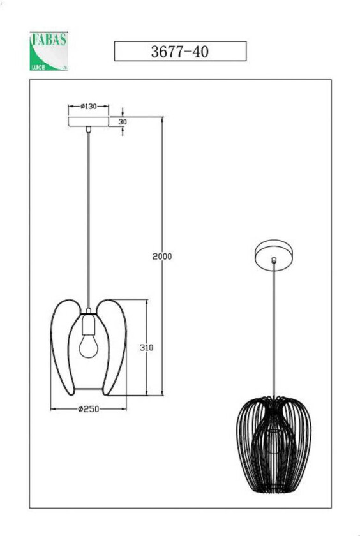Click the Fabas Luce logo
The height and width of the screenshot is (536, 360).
pyautogui.click(x=49, y=50)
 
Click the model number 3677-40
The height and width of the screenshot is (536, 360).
pyautogui.click(x=179, y=52)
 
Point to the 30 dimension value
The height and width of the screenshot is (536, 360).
pyautogui.click(x=122, y=121)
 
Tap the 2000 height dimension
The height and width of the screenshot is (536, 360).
pyautogui.click(x=163, y=257)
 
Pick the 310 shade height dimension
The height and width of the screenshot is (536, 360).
pyautogui.click(x=147, y=348)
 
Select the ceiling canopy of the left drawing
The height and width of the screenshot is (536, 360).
pyautogui.click(x=88, y=121)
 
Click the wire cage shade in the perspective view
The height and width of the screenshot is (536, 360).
pyautogui.click(x=274, y=435)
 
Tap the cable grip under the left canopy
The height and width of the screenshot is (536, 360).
pyautogui.click(x=88, y=130)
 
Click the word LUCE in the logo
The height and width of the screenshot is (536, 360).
pyautogui.click(x=38, y=66)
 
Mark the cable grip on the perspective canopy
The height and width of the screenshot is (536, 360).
pyautogui.click(x=274, y=260)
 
